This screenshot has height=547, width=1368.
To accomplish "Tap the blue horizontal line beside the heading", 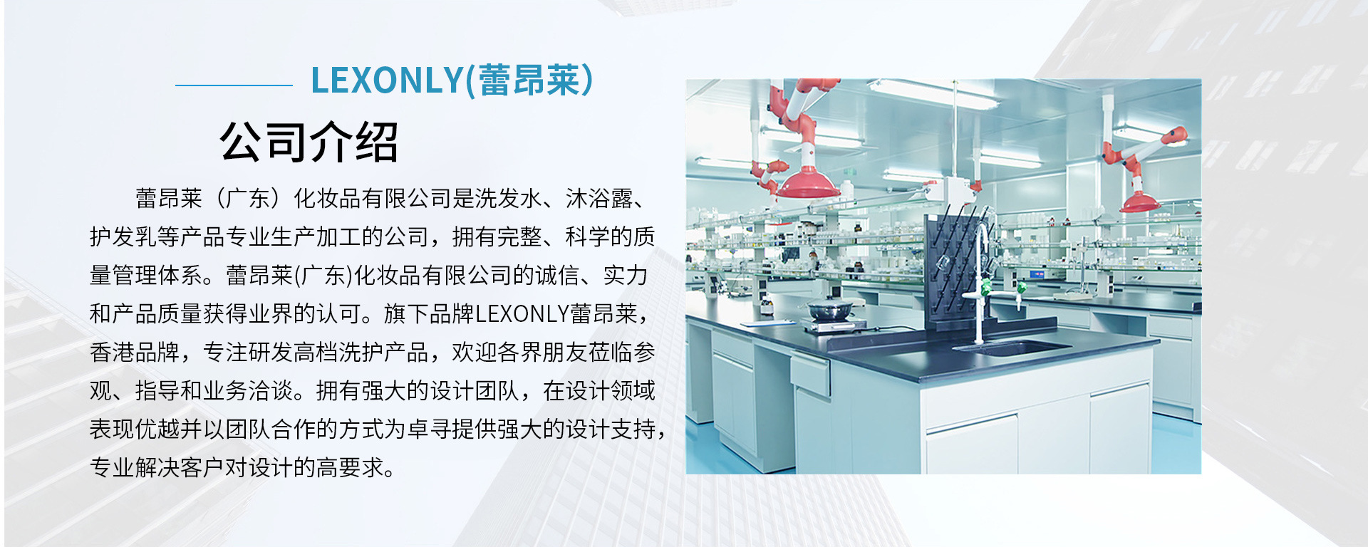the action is point(234,85).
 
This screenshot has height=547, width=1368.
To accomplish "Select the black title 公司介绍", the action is point(309,142).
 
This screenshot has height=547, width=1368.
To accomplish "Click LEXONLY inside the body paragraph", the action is point(522,314).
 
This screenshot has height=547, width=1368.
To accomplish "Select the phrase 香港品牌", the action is point(135,353).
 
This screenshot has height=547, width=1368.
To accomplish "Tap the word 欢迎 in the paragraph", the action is point(475,353).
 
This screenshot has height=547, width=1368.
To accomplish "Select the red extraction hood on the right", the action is point(1139,202).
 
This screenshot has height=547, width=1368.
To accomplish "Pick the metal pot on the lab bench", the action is point(829,310).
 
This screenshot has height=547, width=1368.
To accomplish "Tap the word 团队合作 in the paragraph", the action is point(271,429).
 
